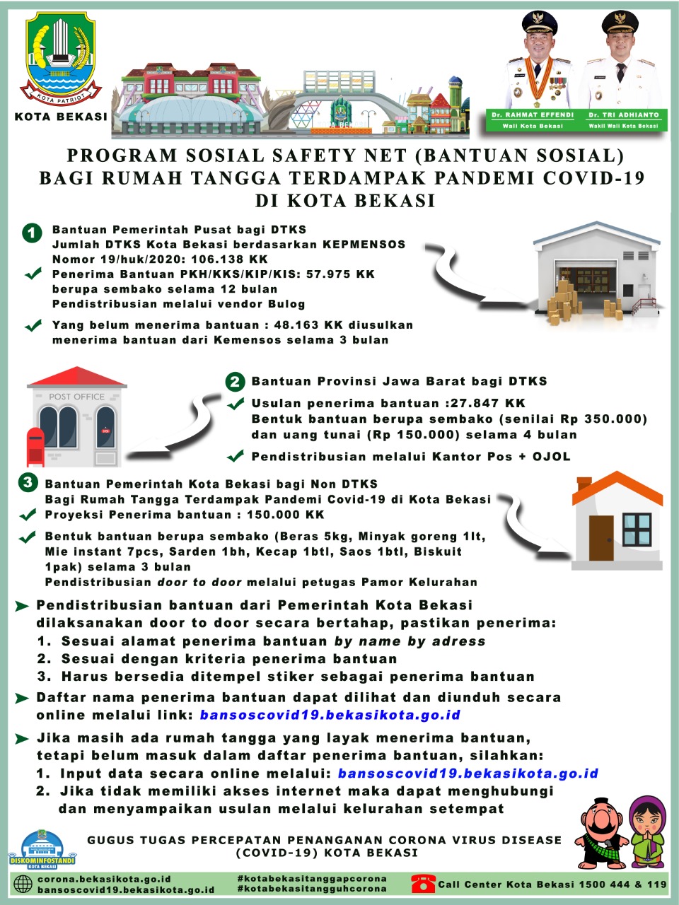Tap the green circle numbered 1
click(x=32, y=233)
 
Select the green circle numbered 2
click(x=235, y=383)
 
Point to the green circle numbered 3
click(x=28, y=483)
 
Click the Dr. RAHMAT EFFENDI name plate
click(x=533, y=119)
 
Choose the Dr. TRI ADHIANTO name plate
click(x=623, y=119)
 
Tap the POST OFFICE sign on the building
click(x=76, y=397)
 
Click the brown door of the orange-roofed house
click(x=601, y=538)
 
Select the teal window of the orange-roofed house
click(x=637, y=529)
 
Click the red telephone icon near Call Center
click(x=423, y=883)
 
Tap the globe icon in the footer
click(x=23, y=884)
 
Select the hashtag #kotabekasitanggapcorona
click(x=312, y=878)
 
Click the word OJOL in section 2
click(x=551, y=457)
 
